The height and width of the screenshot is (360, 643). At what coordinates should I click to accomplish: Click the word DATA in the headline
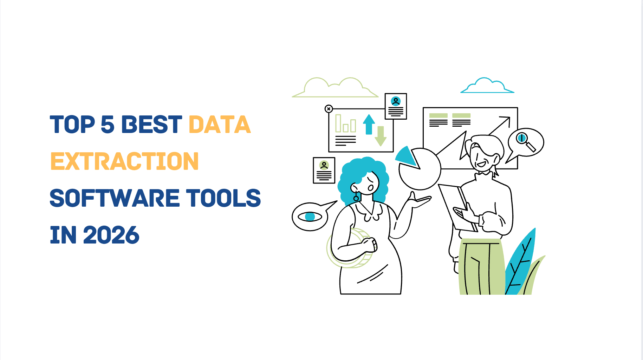(x=220, y=125)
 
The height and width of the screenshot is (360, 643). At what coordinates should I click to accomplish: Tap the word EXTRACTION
(x=125, y=161)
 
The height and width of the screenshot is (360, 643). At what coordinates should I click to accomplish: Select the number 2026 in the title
(x=111, y=235)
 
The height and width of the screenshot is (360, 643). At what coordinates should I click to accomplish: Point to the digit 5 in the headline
(x=108, y=125)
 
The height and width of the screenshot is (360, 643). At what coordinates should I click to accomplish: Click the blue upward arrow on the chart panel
(x=369, y=125)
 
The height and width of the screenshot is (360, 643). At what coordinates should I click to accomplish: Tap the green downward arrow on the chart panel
(x=381, y=136)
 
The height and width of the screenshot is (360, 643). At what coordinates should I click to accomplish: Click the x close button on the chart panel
(x=329, y=109)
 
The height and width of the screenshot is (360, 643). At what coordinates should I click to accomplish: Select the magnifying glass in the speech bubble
(x=525, y=141)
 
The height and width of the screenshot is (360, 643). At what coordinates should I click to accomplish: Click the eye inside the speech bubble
(x=310, y=216)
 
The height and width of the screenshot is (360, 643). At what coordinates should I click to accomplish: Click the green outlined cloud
(x=335, y=88)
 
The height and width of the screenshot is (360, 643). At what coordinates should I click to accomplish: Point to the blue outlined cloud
(x=487, y=86)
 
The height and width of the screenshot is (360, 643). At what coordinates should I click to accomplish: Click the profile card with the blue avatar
(x=396, y=106)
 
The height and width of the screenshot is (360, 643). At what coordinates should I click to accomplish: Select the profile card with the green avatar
(x=324, y=170)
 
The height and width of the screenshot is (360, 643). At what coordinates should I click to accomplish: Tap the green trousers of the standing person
(x=481, y=267)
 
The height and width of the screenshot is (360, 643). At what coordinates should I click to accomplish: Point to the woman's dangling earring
(x=356, y=196)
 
